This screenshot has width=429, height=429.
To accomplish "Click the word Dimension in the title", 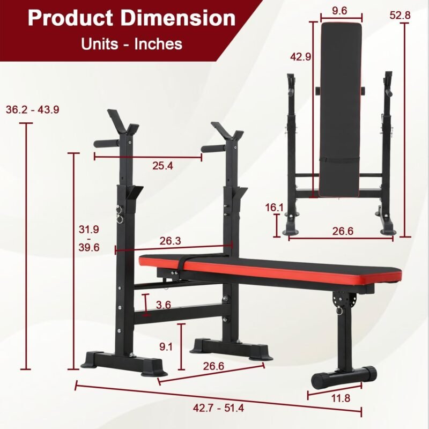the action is (178, 18).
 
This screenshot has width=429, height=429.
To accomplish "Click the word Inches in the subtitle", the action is (158, 44).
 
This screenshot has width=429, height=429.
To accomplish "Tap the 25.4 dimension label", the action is (163, 166).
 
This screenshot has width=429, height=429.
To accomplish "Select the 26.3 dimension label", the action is (170, 241).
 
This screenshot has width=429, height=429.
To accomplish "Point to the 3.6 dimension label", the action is (164, 305).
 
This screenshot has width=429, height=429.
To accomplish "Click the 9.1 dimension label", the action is (166, 347).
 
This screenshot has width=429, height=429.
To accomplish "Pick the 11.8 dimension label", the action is (341, 398).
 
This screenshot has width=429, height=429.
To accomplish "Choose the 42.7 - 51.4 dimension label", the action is (218, 408).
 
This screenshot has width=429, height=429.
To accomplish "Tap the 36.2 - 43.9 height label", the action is (33, 110).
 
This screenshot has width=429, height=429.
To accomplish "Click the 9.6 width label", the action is (339, 11).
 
